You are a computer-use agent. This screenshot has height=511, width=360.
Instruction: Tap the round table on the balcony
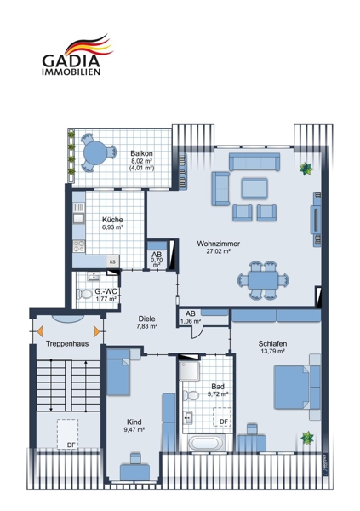[94, 152]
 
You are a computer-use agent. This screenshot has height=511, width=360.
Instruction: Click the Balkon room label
[142, 153]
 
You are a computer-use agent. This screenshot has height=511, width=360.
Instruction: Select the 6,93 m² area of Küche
[112, 227]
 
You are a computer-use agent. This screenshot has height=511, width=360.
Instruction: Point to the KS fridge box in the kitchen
[112, 261]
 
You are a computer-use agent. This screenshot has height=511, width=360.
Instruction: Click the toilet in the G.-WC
[84, 294]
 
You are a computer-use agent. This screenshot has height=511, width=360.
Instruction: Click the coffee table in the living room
[254, 189]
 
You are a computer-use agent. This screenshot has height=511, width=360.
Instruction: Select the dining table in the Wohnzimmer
[263, 280]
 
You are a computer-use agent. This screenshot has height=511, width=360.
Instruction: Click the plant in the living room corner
[306, 168]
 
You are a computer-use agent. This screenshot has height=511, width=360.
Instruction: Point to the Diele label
[146, 319]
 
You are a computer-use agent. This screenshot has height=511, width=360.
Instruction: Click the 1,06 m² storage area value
[191, 321]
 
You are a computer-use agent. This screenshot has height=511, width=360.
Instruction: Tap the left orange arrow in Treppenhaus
[40, 331]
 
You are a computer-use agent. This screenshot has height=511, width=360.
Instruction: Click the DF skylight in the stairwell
[68, 434]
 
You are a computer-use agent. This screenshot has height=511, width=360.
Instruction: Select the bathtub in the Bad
[205, 443]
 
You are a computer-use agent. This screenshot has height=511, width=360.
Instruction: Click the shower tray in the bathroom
[189, 370]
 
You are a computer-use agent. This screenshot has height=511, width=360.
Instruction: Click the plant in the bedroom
[307, 438]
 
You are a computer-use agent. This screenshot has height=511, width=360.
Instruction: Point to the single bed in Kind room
[118, 372]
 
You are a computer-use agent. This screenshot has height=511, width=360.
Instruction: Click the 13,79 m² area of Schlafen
[272, 351]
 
